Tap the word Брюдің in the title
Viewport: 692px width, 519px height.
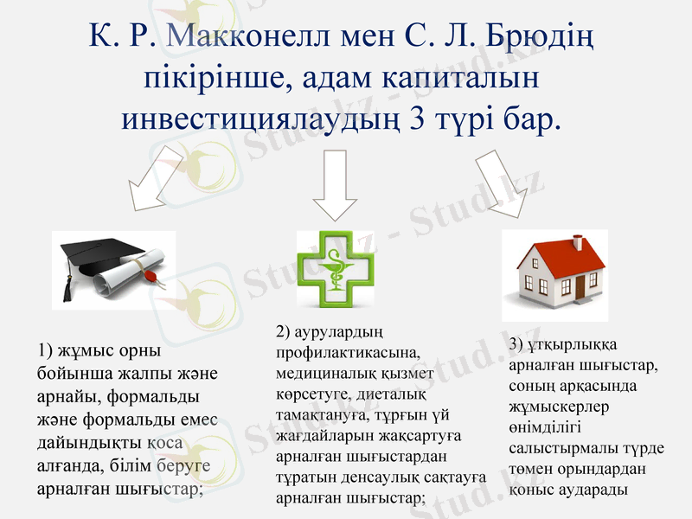click(543, 36)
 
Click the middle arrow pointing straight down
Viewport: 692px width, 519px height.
click(335, 183)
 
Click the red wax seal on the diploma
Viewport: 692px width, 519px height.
click(150, 279)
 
